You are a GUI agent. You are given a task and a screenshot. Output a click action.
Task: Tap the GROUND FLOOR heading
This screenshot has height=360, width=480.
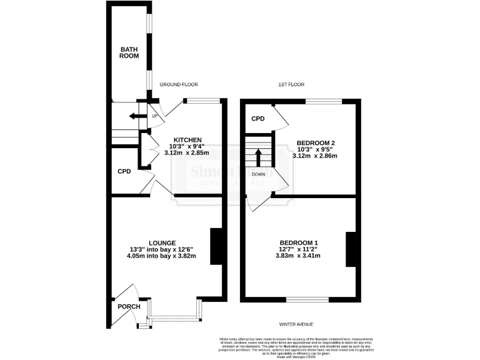point(179,84)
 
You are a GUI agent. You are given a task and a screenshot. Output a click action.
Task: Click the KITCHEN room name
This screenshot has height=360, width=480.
point(187,139)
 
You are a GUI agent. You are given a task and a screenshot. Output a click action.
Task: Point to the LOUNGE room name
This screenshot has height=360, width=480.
point(162,242)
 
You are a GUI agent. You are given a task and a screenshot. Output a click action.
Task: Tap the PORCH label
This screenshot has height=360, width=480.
point(129,306)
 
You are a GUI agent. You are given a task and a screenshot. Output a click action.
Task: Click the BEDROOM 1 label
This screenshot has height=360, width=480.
point(298,242)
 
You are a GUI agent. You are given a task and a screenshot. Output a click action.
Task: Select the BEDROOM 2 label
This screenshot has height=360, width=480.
point(316,143)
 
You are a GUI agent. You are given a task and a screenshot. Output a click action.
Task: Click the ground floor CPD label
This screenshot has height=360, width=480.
point(124,171)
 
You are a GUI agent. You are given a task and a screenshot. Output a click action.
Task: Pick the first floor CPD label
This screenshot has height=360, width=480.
point(258,119)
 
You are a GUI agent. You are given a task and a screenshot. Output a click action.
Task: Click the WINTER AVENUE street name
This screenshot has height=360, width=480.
point(296,324)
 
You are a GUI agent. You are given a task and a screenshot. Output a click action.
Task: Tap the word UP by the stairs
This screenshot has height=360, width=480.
point(154,116)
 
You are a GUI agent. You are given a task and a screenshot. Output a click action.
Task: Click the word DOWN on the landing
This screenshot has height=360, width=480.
point(258,174)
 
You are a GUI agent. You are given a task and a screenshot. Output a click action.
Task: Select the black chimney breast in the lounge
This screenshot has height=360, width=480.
point(216,247)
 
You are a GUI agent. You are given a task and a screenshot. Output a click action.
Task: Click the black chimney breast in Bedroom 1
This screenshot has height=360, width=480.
point(351,249)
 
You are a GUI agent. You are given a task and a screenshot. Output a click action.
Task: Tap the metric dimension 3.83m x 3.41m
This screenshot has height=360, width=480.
point(298,255)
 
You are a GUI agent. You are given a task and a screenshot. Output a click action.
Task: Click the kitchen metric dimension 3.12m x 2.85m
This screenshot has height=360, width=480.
point(187,152)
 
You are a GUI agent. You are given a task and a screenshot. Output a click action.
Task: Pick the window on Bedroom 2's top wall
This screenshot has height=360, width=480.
point(323,101)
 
